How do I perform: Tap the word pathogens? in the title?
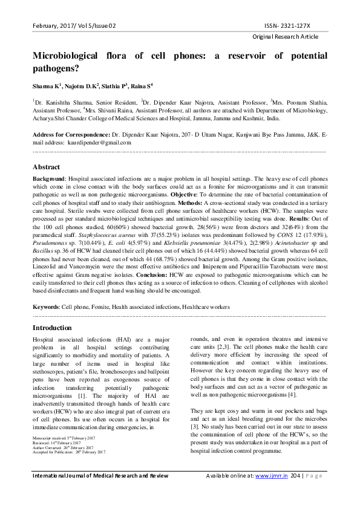coord(59,70)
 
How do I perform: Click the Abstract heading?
coord(46,167)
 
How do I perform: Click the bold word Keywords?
coord(45,306)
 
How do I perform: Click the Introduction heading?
coord(51,328)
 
